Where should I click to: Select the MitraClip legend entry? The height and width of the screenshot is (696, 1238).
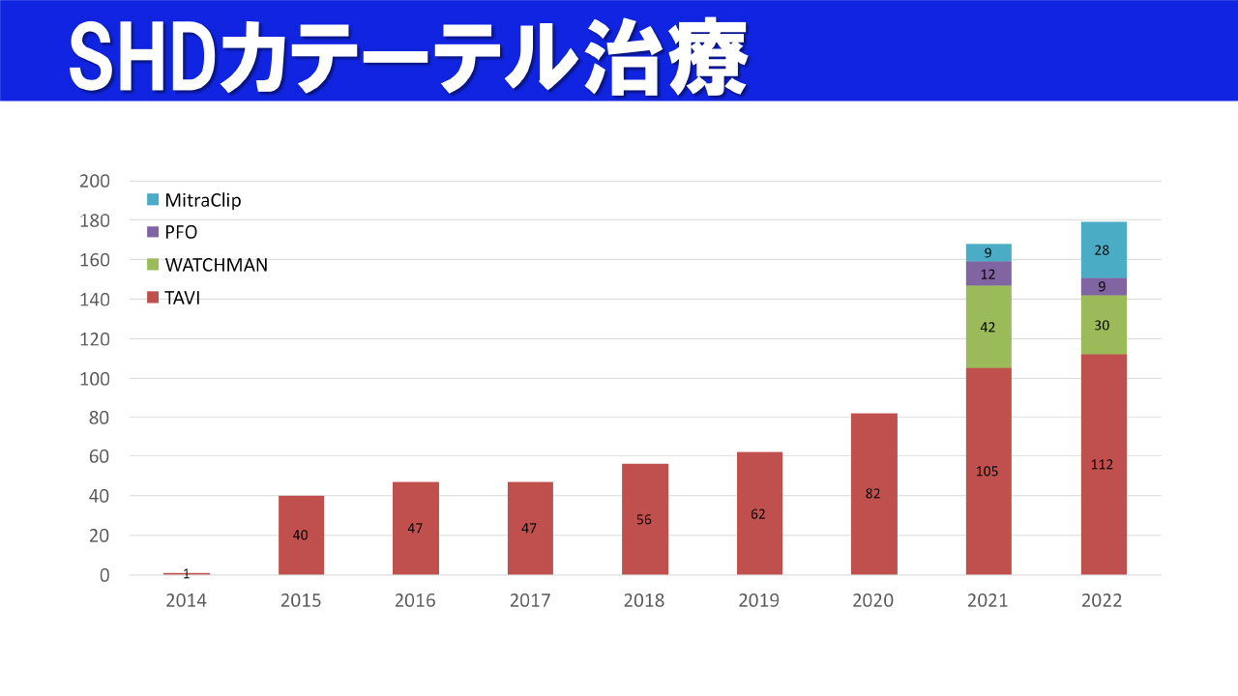click(x=202, y=200)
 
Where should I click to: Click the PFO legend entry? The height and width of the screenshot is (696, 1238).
click(x=181, y=232)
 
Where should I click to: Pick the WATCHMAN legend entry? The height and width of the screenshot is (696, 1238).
click(x=216, y=265)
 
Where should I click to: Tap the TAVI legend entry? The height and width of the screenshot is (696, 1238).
click(x=182, y=298)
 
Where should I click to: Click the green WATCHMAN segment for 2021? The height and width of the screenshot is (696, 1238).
click(x=987, y=327)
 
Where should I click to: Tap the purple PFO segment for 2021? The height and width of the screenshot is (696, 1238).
click(x=987, y=274)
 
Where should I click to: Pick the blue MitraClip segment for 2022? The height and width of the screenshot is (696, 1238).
click(x=1103, y=249)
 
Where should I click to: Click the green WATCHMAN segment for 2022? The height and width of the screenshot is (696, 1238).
click(x=1103, y=325)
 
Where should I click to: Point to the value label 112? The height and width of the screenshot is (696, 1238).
click(x=1102, y=465)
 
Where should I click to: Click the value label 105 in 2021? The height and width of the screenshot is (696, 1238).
click(x=987, y=472)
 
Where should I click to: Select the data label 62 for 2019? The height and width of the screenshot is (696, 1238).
click(x=758, y=514)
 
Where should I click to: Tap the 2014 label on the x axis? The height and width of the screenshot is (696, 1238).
click(x=186, y=601)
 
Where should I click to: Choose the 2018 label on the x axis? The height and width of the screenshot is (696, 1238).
click(x=644, y=601)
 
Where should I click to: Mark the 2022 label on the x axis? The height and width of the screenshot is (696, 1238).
click(x=1102, y=601)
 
